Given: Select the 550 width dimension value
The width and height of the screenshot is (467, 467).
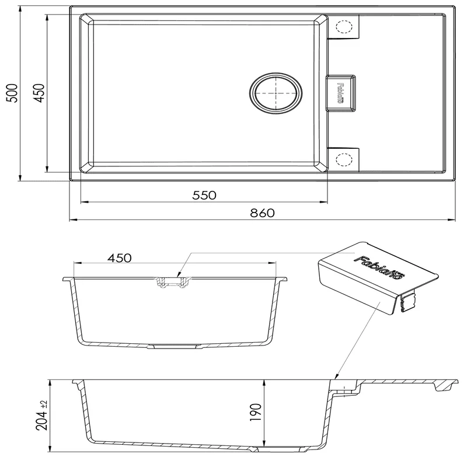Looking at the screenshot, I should (x=204, y=196).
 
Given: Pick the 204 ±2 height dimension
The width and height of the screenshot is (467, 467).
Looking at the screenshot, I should (x=41, y=416).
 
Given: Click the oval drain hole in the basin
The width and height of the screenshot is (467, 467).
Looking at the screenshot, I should (x=277, y=93).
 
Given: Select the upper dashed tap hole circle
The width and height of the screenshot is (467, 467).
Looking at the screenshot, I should (x=343, y=27).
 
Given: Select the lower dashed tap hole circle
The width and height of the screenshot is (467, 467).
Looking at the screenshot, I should (x=343, y=159).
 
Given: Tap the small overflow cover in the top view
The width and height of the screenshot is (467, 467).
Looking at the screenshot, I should (x=340, y=92).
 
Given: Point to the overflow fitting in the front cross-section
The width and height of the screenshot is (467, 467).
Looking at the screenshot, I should (x=172, y=283).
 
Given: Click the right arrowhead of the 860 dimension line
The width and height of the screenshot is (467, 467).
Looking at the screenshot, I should (x=454, y=220).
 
